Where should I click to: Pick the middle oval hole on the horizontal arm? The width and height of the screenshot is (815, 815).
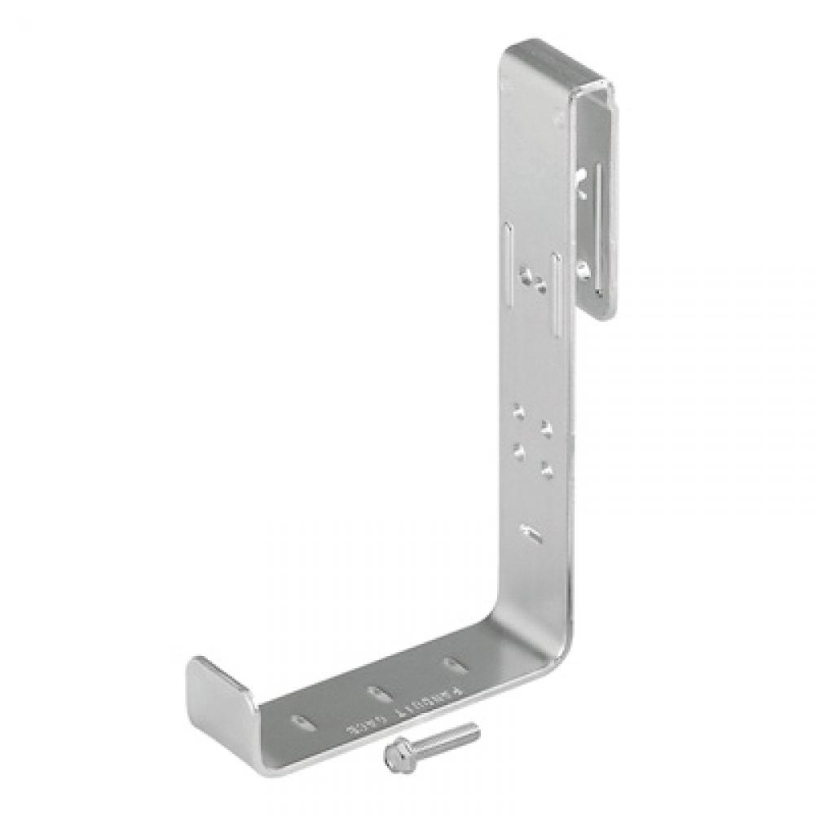point(377,694)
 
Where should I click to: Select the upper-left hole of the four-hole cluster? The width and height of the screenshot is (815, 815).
point(517,413)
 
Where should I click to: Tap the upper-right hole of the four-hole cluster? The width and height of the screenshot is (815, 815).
point(546,428)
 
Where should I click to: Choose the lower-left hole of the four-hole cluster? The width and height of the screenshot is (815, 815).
point(517,447)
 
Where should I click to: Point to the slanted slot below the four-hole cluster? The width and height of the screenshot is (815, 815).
point(531,535)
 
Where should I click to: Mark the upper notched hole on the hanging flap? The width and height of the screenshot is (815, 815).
point(583,184)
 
